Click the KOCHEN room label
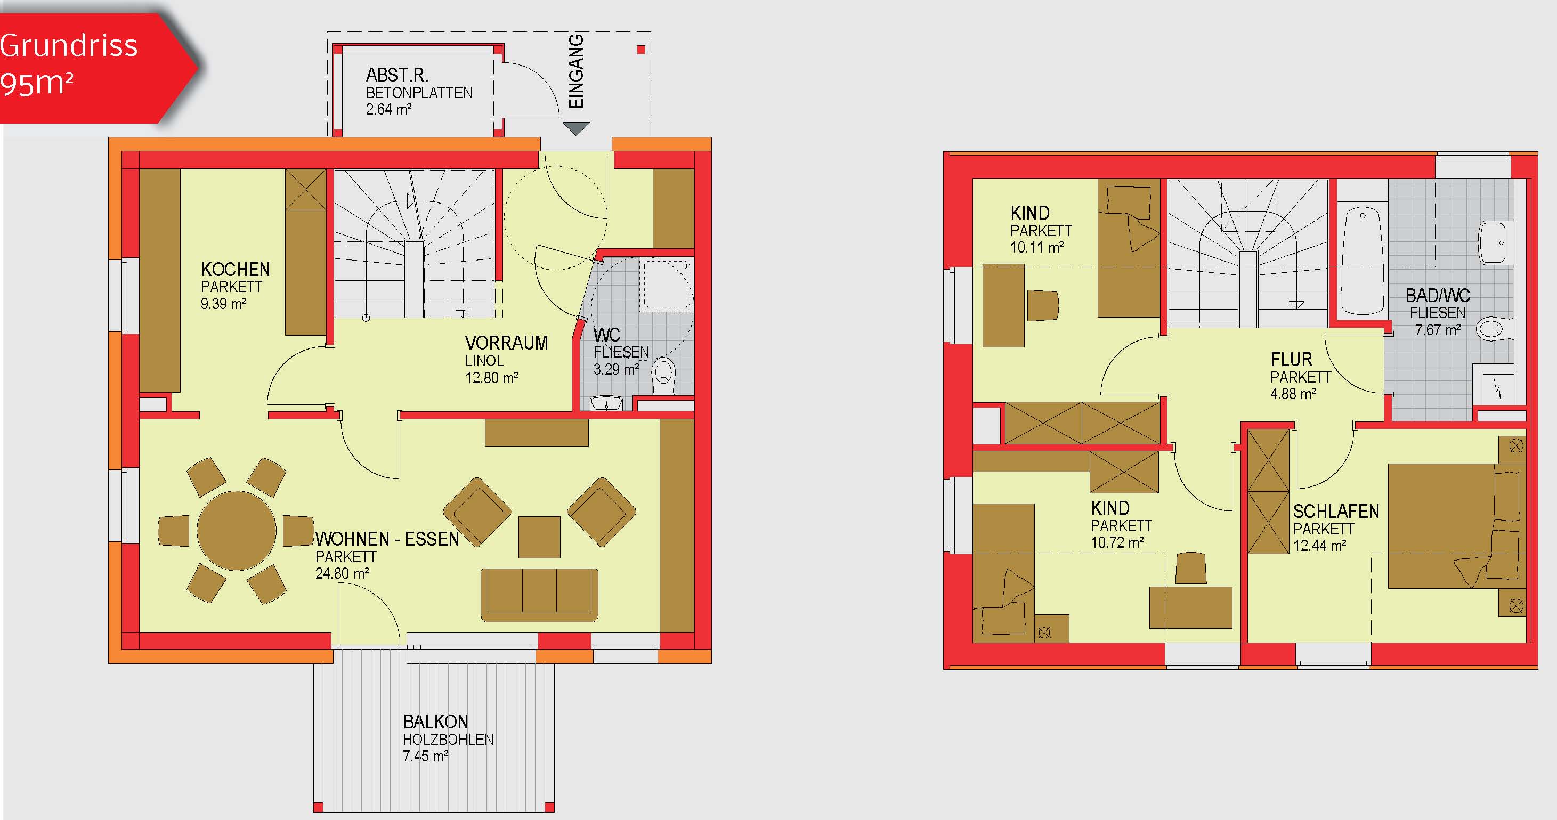point(235,269)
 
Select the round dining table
point(237,531)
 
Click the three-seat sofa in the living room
point(539,595)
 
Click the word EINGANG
point(577,71)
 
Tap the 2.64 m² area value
point(388,109)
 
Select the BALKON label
point(436,721)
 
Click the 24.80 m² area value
point(342,573)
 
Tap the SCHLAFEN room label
point(1336,511)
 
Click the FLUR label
point(1291,360)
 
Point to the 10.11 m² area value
point(1036,247)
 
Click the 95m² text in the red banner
point(36,83)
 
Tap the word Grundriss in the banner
point(68,46)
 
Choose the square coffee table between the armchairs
point(539,537)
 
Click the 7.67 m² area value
point(1437,330)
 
